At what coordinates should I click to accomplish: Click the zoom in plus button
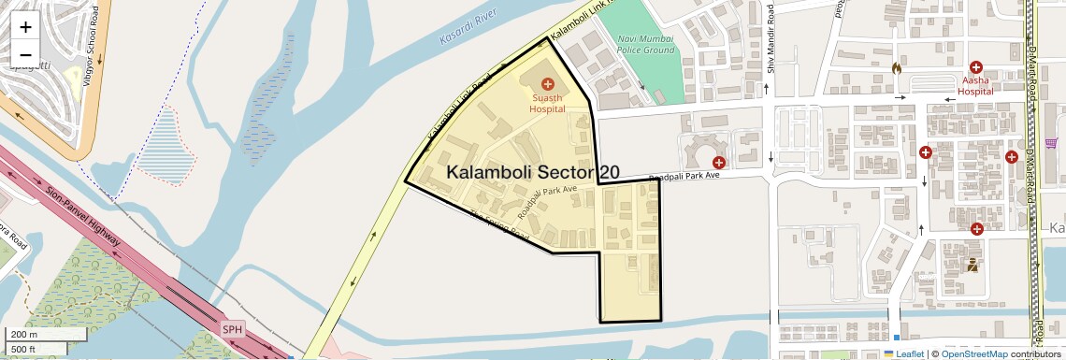click(x=25, y=27)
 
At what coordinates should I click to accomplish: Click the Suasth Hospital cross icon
click(x=548, y=84)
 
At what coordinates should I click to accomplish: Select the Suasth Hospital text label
click(x=548, y=103)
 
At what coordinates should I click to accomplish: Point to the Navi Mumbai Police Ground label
click(x=645, y=44)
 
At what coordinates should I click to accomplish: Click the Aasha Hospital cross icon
click(x=976, y=67)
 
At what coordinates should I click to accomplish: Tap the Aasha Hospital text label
click(x=975, y=86)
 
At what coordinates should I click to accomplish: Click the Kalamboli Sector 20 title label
click(x=533, y=173)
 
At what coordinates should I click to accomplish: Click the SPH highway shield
click(x=232, y=329)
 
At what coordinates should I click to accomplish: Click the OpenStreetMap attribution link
click(x=973, y=353)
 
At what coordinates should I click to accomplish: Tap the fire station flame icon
click(x=896, y=68)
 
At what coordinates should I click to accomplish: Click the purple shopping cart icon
click(x=1051, y=143)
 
